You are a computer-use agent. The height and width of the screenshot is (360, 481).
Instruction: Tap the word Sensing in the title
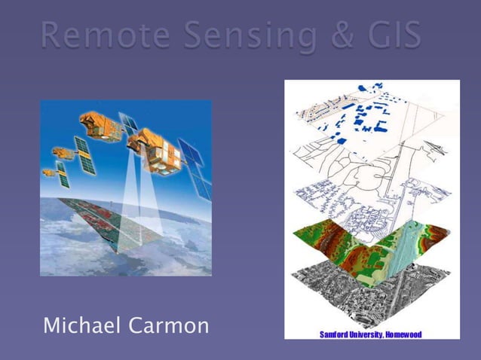231,35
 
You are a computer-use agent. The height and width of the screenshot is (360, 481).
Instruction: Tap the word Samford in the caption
335,334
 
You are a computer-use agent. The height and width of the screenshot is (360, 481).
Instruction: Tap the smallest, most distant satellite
48,172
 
